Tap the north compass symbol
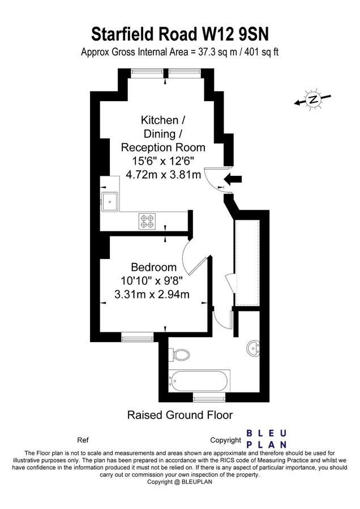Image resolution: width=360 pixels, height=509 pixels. pyautogui.click(x=312, y=100)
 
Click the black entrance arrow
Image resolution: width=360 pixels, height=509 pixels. pyautogui.click(x=233, y=180)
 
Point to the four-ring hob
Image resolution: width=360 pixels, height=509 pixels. pyautogui.click(x=147, y=221)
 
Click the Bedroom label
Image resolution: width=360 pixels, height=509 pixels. pyautogui.click(x=153, y=267)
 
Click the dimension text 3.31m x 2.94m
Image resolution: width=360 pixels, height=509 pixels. pyautogui.click(x=152, y=294)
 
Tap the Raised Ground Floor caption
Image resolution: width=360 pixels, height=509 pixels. pyautogui.click(x=179, y=416)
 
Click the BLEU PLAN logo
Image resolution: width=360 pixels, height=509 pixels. pyautogui.click(x=266, y=439)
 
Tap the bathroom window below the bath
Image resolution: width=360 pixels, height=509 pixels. pyautogui.click(x=209, y=398)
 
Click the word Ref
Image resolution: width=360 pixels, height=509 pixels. pyautogui.click(x=83, y=440)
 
